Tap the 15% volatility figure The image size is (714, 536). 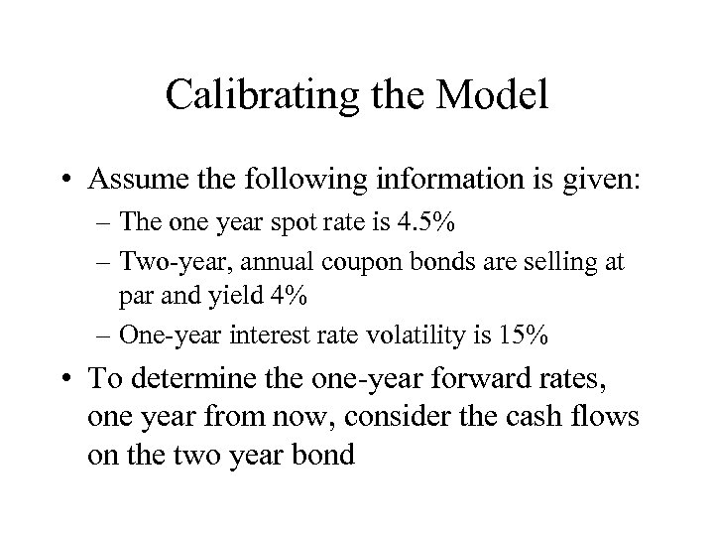coord(524,336)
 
